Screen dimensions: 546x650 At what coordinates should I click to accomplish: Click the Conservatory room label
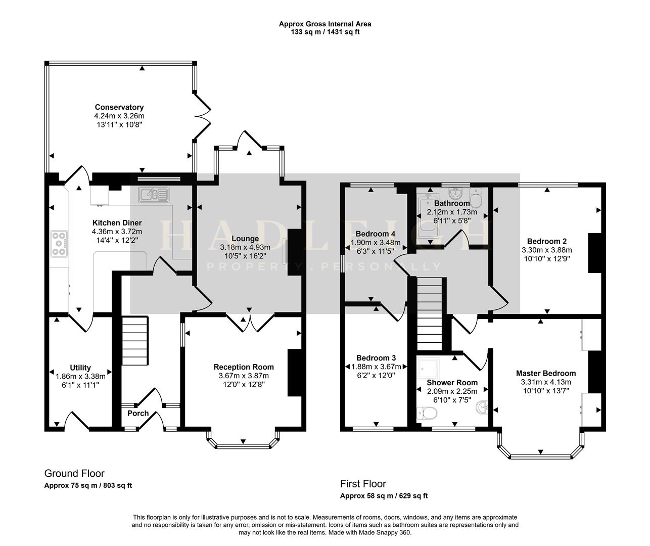[x=119, y=107]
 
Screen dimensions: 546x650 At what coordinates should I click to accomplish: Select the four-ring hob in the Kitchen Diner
[x=59, y=244]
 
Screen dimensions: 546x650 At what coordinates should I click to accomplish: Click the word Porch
[x=138, y=413]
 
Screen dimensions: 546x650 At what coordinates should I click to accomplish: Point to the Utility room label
[x=80, y=368]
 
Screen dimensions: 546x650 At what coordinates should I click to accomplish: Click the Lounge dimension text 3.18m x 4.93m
[x=245, y=247]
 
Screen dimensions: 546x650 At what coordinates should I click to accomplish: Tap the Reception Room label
[x=244, y=367]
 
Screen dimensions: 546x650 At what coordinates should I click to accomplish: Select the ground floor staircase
[x=135, y=340]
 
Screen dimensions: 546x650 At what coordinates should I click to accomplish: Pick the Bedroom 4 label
[x=376, y=234]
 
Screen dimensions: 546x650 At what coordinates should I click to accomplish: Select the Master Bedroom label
[x=546, y=373]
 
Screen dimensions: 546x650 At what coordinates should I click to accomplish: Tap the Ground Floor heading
[x=74, y=474]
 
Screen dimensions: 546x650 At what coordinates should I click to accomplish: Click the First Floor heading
[x=363, y=484]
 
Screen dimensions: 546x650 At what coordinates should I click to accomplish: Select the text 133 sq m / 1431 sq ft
[x=325, y=32]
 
